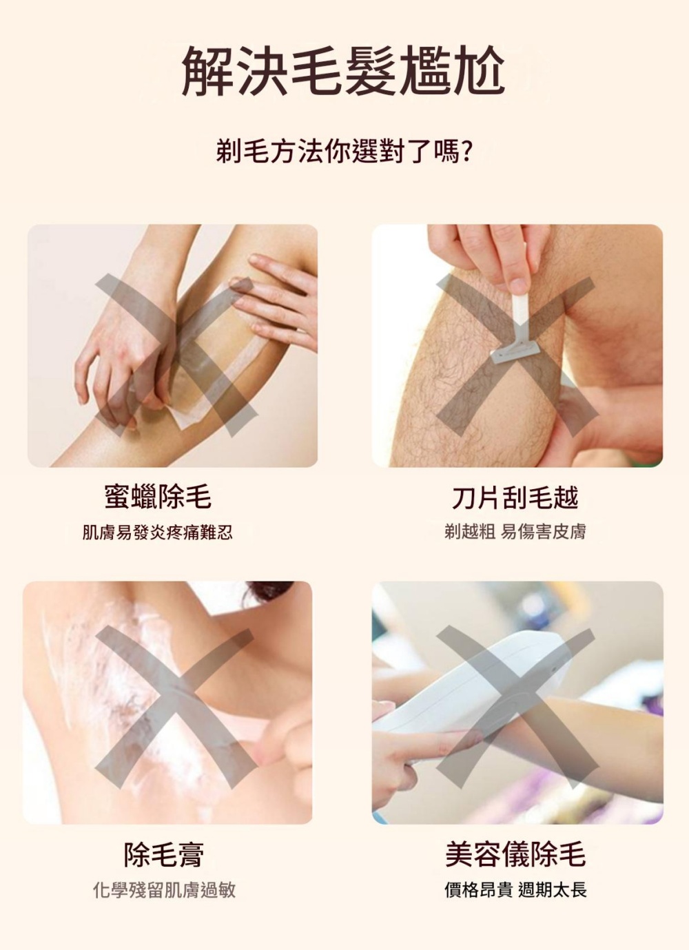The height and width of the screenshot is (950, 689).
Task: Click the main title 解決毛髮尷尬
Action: (x=343, y=71)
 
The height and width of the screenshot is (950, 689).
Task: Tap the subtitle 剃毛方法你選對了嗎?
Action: (x=343, y=152)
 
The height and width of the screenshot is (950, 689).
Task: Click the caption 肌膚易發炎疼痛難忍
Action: (x=157, y=533)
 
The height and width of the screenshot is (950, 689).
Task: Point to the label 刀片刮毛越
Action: (x=515, y=497)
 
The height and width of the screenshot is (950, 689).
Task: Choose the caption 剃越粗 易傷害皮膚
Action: (x=515, y=531)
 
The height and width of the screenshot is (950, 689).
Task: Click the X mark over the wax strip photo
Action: (x=176, y=355)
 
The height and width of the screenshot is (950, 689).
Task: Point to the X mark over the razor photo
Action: (x=516, y=355)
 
